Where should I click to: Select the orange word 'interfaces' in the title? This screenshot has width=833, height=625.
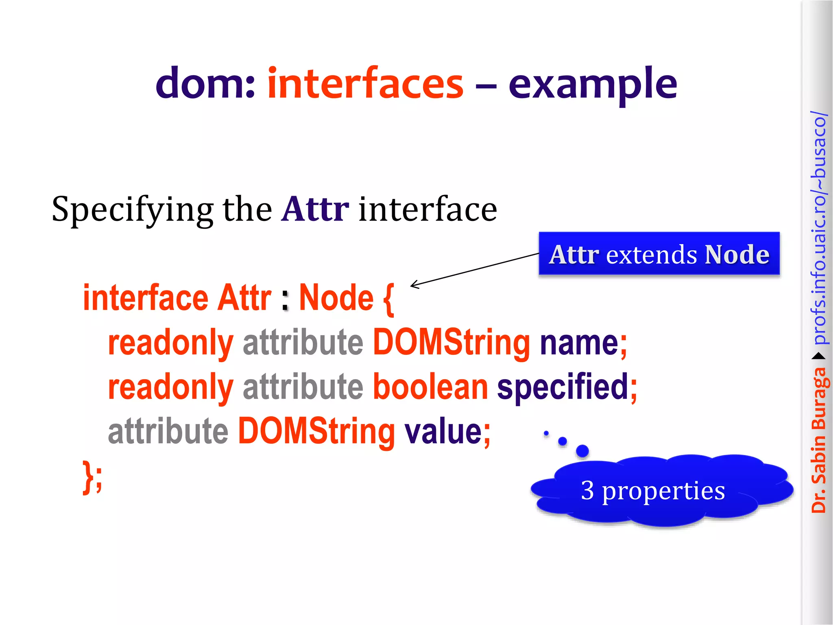click(365, 83)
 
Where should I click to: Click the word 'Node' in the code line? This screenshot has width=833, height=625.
click(336, 298)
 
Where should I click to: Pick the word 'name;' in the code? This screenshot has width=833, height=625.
click(583, 343)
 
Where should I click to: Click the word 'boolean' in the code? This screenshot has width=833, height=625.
click(430, 387)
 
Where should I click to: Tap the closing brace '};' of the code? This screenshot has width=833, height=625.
click(92, 476)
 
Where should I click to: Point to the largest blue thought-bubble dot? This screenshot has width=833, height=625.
click(582, 451)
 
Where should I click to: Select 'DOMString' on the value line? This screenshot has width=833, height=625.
click(316, 431)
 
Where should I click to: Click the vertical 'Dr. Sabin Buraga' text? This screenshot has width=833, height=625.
click(818, 439)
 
